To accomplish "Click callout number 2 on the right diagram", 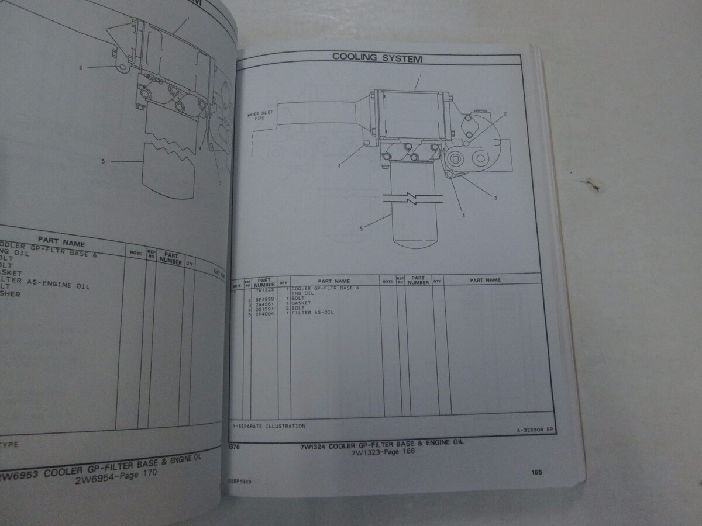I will point(505,112).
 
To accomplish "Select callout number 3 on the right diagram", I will point(495,198).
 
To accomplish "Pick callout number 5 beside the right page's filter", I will point(362,229).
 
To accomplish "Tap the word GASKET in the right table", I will point(302,304).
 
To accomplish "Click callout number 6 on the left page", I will point(81,68).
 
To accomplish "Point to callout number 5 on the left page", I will point(103,161).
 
